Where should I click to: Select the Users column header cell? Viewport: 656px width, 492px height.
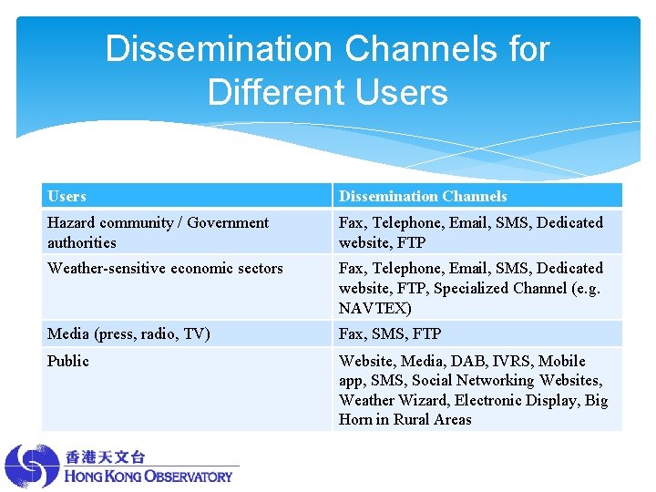(67, 196)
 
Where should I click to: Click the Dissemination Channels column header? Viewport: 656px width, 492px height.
(423, 196)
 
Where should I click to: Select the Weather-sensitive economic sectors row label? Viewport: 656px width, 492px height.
(165, 268)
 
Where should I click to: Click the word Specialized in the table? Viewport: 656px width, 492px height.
(475, 288)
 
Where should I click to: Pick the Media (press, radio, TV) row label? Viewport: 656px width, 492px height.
(128, 333)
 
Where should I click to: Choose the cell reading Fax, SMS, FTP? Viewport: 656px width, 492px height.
(390, 333)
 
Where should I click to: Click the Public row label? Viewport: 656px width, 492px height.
(68, 361)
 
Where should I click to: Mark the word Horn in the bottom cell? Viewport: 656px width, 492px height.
(355, 419)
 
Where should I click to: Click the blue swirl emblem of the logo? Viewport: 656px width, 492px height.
(32, 466)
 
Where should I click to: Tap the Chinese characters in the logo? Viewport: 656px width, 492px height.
(105, 456)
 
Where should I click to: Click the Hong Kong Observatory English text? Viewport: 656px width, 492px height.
(149, 476)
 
